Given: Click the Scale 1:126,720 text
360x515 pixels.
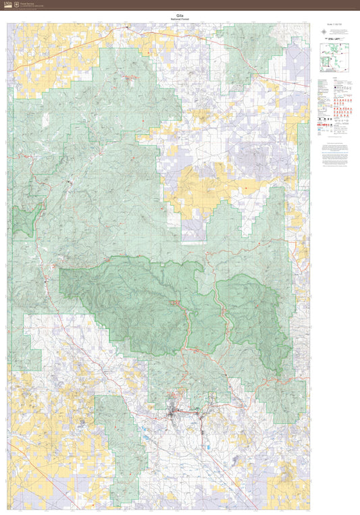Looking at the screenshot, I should [334, 26].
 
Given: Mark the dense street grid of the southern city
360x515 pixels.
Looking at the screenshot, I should [176, 410].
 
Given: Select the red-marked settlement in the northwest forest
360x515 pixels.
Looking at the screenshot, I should [128, 77].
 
